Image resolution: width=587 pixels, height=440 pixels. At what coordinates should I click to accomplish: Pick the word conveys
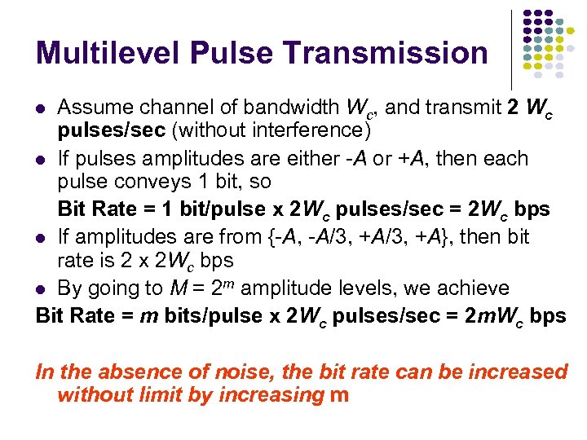click(156, 182)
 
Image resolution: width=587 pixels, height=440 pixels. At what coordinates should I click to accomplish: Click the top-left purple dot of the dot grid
click(527, 15)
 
